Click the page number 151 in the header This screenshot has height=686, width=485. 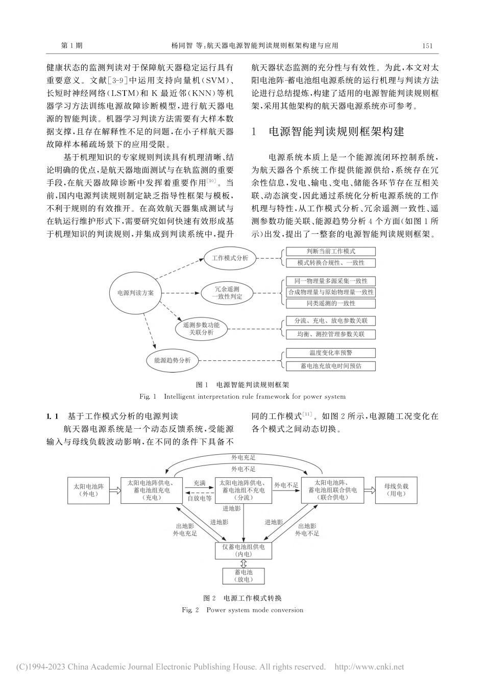click(427, 45)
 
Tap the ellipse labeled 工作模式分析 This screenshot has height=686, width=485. click(230, 258)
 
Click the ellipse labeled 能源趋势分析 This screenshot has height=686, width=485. click(173, 360)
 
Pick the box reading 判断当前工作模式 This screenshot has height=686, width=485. click(330, 252)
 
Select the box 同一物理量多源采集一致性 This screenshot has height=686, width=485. click(330, 281)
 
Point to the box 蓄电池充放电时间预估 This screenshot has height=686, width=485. click(330, 365)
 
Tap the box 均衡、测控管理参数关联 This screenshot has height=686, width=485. click(330, 334)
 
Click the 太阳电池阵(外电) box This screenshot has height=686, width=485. click(89, 490)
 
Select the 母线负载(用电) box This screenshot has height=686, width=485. click(396, 490)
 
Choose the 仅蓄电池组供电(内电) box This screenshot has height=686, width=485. click(243, 550)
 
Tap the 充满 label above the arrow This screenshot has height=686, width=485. click(199, 482)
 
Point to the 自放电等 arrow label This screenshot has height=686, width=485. click(199, 498)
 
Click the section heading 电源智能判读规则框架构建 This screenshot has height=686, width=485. click(336, 132)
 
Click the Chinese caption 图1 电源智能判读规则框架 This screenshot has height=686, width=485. click(243, 385)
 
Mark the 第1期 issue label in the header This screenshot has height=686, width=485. click(71, 45)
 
